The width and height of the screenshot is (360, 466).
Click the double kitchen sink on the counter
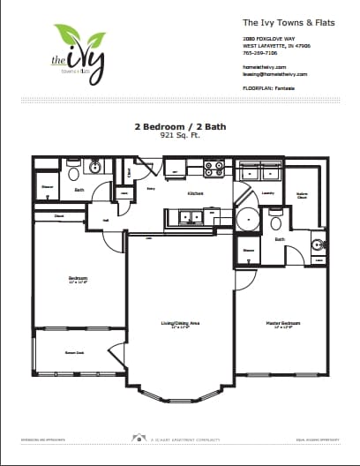pyautogui.click(x=187, y=216)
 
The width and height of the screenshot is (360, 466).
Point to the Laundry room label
pyautogui.click(x=269, y=192)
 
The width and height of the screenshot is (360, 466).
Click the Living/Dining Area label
pyautogui.click(x=181, y=325)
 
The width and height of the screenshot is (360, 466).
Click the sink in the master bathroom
pyautogui.click(x=317, y=244)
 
